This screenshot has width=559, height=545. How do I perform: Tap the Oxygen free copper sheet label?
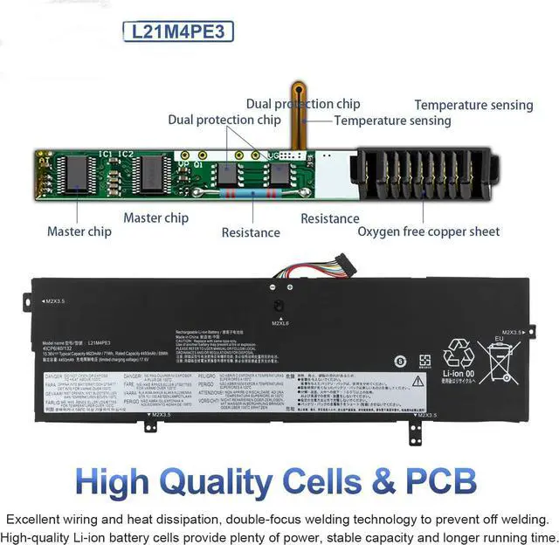[x=428, y=231]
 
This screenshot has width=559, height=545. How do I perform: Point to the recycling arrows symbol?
[x=459, y=355]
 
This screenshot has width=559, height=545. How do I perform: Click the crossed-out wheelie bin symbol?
[x=500, y=362]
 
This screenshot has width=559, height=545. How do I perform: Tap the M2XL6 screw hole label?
[x=279, y=322]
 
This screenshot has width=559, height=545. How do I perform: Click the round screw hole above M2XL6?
[x=279, y=307]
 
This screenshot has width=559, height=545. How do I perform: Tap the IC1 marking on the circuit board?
[x=105, y=155]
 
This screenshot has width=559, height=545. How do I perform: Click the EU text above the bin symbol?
[x=500, y=337]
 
